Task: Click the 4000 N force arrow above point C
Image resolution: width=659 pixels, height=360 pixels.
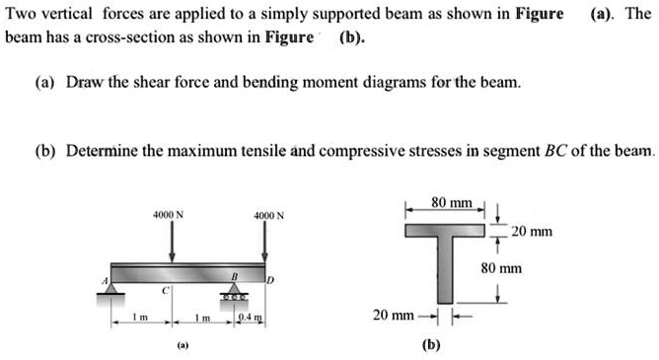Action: (173, 240)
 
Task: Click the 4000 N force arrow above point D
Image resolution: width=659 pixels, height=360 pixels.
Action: (263, 240)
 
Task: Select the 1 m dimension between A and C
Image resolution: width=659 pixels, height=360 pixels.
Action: (141, 318)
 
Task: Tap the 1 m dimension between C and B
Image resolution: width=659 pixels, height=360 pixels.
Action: (200, 318)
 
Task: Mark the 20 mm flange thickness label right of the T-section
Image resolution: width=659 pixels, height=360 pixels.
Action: (532, 233)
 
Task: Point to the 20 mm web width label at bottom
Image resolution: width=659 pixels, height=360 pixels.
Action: (394, 315)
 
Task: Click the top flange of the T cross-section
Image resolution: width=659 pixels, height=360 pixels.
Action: (443, 230)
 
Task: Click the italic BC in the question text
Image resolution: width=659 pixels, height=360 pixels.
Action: (556, 151)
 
